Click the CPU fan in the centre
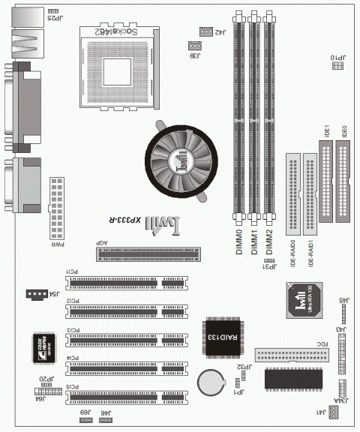pos(175,159)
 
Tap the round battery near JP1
pos(210,382)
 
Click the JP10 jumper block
pos(339,66)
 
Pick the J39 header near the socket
pos(195,46)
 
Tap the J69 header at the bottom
pos(86,421)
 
